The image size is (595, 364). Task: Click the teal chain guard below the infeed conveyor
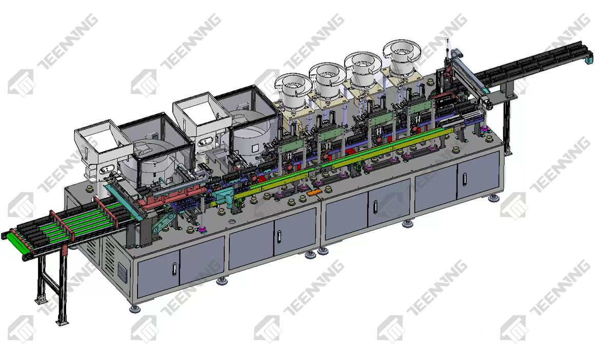pyautogui.click(x=164, y=222)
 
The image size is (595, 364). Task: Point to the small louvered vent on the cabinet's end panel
pyautogui.click(x=122, y=271)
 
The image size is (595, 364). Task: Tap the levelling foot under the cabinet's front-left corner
pyautogui.click(x=135, y=309)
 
